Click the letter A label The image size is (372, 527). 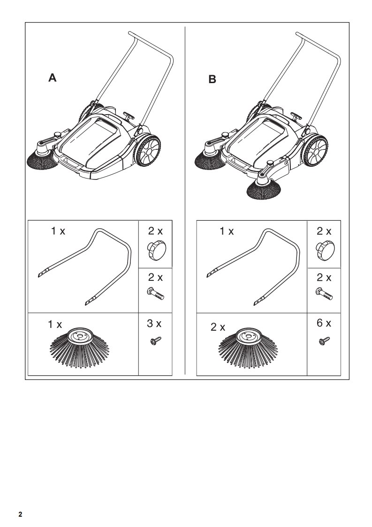coord(53,77)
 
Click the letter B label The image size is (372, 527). coord(212,79)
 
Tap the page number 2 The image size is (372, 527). coord(20,514)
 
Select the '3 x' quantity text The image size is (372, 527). coord(154,323)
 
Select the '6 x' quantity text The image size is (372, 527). coord(324,323)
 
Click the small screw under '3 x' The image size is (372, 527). coord(155,341)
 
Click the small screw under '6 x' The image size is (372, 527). coord(324,341)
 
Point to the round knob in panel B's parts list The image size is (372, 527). coord(324,250)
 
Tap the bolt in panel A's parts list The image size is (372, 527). coord(155,294)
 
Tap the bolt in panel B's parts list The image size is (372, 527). coord(324,294)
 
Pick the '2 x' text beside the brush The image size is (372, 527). coord(218,327)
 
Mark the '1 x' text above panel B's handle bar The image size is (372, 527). coord(227,231)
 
